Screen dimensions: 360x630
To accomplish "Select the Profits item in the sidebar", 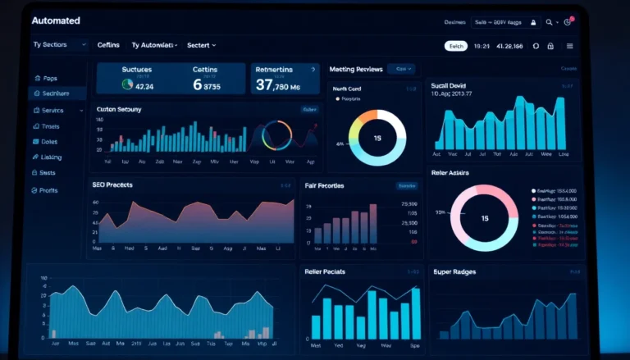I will tap(48, 190).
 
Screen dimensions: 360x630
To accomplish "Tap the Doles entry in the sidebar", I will tap(48, 142).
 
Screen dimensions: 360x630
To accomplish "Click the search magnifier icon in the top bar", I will tap(549, 23).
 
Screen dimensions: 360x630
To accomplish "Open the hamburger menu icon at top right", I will tap(570, 46).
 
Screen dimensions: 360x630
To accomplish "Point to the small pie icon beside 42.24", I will tap(127, 84).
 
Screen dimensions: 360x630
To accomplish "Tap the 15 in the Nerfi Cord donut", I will tap(377, 138).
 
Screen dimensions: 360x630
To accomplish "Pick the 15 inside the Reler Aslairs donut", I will tap(485, 218).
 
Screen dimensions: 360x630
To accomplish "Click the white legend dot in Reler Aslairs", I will tap(534, 189).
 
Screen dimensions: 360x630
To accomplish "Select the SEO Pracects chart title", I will tap(113, 185).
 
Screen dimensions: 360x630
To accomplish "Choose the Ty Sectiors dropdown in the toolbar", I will tap(58, 44).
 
